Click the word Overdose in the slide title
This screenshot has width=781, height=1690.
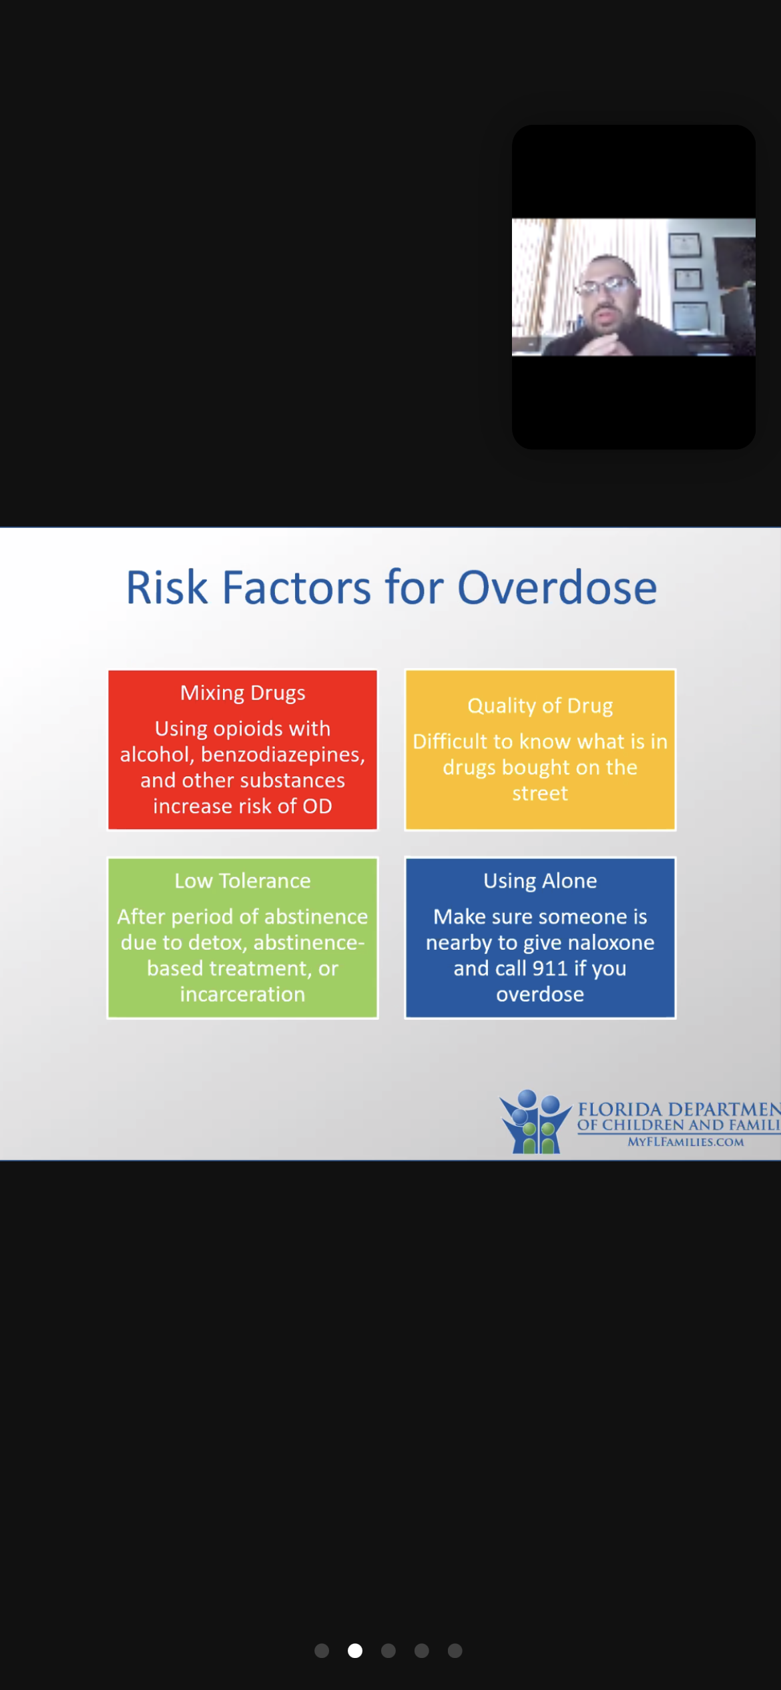[557, 588]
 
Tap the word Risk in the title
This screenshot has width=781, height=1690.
[167, 588]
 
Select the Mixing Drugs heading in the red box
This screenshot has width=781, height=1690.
[243, 693]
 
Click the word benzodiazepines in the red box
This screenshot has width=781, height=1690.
[282, 755]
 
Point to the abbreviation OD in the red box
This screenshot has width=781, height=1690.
[317, 806]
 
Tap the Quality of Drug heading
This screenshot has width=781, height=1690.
[540, 706]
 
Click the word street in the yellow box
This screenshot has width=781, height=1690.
[540, 794]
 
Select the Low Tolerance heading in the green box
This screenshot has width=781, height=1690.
[243, 881]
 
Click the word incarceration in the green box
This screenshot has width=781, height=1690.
[243, 995]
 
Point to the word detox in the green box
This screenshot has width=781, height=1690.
[217, 943]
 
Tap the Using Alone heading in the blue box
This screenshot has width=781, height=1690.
[540, 881]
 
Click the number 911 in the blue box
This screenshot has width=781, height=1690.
[550, 968]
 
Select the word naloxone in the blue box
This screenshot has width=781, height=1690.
[609, 942]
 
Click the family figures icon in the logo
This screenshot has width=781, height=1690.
[535, 1121]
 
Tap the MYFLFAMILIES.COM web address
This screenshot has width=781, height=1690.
[686, 1142]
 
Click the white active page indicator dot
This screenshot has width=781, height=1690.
[355, 1651]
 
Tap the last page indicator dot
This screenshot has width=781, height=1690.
[455, 1651]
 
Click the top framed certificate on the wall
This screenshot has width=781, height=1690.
[685, 245]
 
